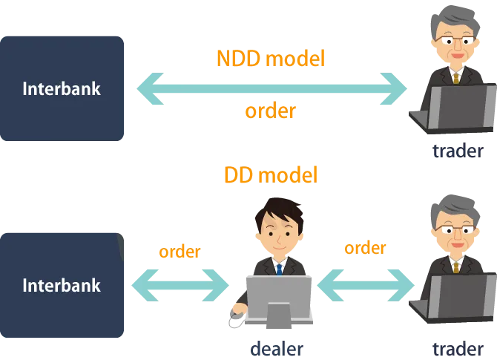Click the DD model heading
pos(270,175)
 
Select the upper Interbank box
pos(62,89)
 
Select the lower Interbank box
pos(62,285)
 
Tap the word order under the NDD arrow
pos(270,111)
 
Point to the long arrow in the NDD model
pos(272,89)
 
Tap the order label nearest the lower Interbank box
pos(180,252)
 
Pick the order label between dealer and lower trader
pos(365,248)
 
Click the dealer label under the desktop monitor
pos(277,348)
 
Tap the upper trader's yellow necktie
pos(456,75)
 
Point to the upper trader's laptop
pos(460,108)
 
